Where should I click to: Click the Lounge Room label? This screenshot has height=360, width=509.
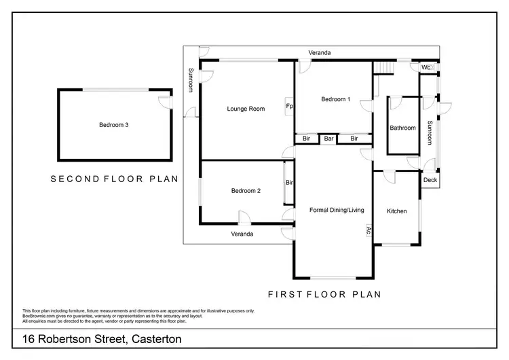[x=246, y=109]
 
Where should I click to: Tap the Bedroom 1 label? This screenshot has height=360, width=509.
[x=336, y=99]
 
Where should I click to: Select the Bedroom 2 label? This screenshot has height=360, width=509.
[x=246, y=191]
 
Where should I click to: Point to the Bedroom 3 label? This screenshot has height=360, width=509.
[x=114, y=124]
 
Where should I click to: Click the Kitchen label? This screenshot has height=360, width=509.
[x=397, y=211]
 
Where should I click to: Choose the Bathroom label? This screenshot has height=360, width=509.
[x=402, y=128]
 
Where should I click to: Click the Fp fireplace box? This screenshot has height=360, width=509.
[x=289, y=107]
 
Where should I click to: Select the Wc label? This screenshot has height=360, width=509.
[x=426, y=68]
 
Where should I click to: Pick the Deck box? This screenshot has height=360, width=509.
[x=430, y=180]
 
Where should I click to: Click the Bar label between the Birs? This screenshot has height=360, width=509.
[x=329, y=139]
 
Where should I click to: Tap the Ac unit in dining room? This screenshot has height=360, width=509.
[x=369, y=230]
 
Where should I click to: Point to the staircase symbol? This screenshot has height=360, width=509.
[x=384, y=67]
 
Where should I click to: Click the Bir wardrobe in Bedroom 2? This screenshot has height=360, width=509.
[x=288, y=183]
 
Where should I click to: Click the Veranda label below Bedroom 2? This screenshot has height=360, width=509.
[x=242, y=234]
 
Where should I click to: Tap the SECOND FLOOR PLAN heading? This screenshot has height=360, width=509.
[x=114, y=179]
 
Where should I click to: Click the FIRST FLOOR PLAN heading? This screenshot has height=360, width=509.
[x=324, y=295]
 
